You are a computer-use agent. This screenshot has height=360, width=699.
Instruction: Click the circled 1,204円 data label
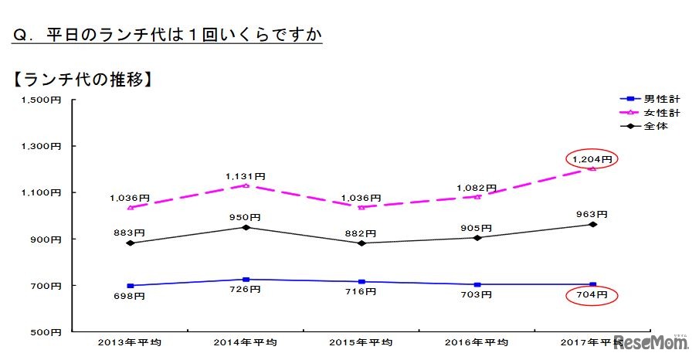[592, 159]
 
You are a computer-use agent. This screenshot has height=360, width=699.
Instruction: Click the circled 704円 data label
[592, 295]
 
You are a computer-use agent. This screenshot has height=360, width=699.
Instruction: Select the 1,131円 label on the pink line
[244, 175]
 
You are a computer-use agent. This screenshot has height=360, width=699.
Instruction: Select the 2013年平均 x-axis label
[129, 341]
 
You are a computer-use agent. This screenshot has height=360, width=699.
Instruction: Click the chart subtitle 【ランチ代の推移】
[80, 80]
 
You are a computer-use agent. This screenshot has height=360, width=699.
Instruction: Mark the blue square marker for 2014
[246, 280]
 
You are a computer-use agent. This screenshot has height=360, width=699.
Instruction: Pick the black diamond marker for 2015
[361, 243]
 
